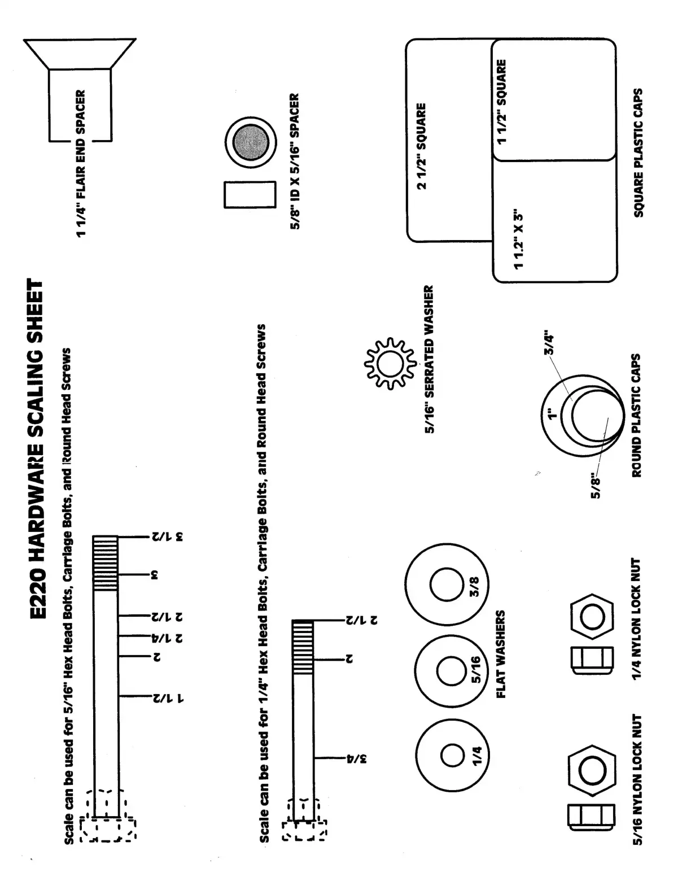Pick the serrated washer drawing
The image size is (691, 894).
(386, 363)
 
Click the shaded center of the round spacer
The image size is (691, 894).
(251, 142)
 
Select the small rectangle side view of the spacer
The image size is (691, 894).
(250, 194)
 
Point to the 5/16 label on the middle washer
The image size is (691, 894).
(475, 670)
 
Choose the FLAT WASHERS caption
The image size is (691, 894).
(501, 654)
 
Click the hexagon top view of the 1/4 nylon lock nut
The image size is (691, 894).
(592, 617)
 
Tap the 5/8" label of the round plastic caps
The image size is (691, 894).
(596, 486)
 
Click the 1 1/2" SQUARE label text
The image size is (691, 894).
(501, 101)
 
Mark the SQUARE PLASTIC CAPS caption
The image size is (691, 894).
(638, 152)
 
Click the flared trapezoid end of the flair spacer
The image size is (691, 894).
(80, 54)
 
